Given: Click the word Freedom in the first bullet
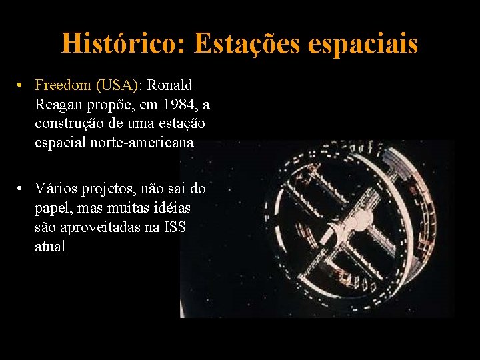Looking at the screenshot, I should tap(63, 85).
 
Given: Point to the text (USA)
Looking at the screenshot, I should tap(118, 85).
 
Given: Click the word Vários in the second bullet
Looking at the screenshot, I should tap(56, 189).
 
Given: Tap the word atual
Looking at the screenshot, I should tap(50, 247).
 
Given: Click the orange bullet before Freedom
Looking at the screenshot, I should tap(22, 86).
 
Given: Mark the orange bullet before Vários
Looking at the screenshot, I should tap(22, 189).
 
